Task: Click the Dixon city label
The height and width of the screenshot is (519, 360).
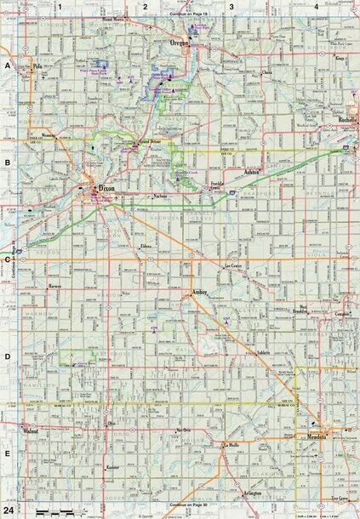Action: [106, 188]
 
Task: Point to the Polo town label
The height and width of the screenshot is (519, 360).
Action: [37, 65]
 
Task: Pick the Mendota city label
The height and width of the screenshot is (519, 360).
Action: [332, 436]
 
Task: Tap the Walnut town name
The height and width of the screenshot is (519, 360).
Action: [32, 431]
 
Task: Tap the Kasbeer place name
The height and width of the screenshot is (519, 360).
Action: [111, 467]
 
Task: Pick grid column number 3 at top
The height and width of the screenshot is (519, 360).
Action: [230, 7]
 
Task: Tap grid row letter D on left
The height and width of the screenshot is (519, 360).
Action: [7, 358]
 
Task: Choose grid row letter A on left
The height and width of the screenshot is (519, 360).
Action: [7, 65]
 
